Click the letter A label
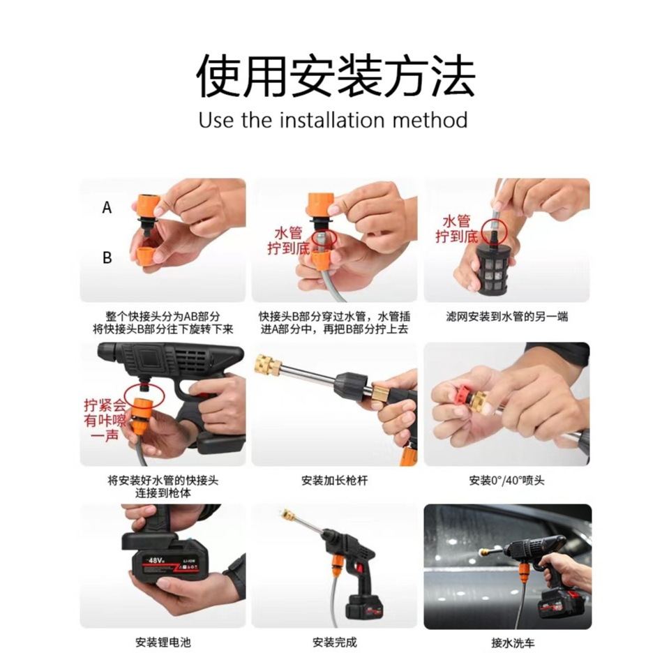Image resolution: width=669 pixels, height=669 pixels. point(107,208)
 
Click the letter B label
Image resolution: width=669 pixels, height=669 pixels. point(107,257)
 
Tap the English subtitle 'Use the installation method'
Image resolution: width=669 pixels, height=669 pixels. point(333,120)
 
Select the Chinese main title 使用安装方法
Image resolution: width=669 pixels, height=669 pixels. point(336,75)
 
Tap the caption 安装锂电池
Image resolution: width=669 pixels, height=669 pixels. point(163,642)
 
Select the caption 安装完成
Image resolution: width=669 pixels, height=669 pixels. point(335,642)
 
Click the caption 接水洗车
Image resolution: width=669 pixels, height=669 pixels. point(513,642)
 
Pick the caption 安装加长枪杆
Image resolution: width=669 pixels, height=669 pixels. point(335,481)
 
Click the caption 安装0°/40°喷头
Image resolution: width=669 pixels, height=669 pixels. point(507,481)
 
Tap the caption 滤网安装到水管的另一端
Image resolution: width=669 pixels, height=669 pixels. point(507,317)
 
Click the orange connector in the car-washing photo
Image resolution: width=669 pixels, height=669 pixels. point(525,572)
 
